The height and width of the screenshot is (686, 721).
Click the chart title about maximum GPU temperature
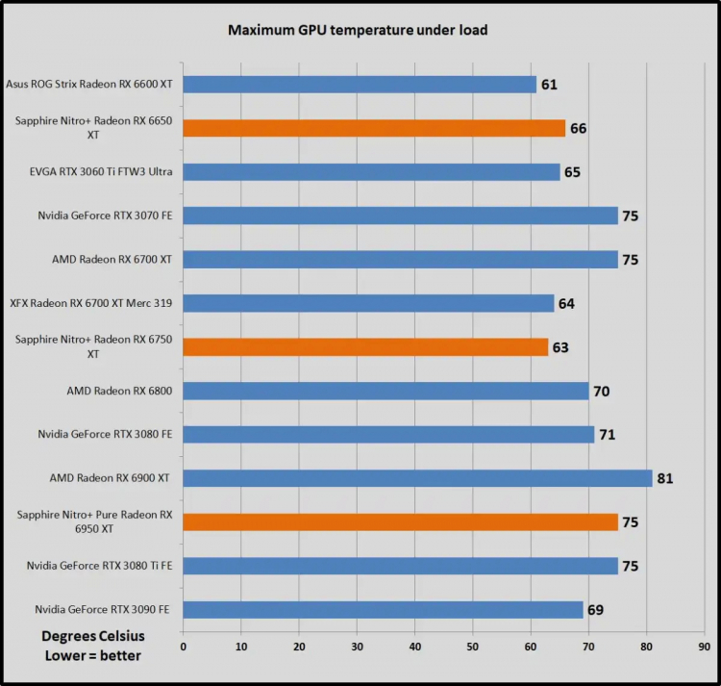[357, 30]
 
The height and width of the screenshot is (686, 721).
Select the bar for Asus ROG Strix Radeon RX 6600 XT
[359, 85]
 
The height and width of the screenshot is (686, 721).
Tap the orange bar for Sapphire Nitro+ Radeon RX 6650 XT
[373, 128]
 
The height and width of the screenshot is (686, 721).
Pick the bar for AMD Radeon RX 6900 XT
[417, 478]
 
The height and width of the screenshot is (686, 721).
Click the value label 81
[664, 478]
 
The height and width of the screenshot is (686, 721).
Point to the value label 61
[549, 85]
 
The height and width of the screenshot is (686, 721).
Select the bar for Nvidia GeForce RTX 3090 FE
[383, 610]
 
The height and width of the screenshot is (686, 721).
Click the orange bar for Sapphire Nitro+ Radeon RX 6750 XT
[364, 346]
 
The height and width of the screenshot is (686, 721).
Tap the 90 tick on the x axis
[705, 647]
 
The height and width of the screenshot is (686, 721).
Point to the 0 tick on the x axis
[183, 647]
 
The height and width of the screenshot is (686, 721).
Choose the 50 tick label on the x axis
[473, 647]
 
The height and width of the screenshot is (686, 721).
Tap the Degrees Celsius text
[92, 636]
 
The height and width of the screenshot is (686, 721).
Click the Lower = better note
[92, 655]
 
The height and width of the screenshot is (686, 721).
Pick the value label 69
[595, 610]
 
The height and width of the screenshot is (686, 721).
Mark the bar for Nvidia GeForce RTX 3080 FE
[388, 434]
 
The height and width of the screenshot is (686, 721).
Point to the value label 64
[566, 303]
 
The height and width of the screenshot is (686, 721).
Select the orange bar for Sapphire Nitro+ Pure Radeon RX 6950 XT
[400, 521]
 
